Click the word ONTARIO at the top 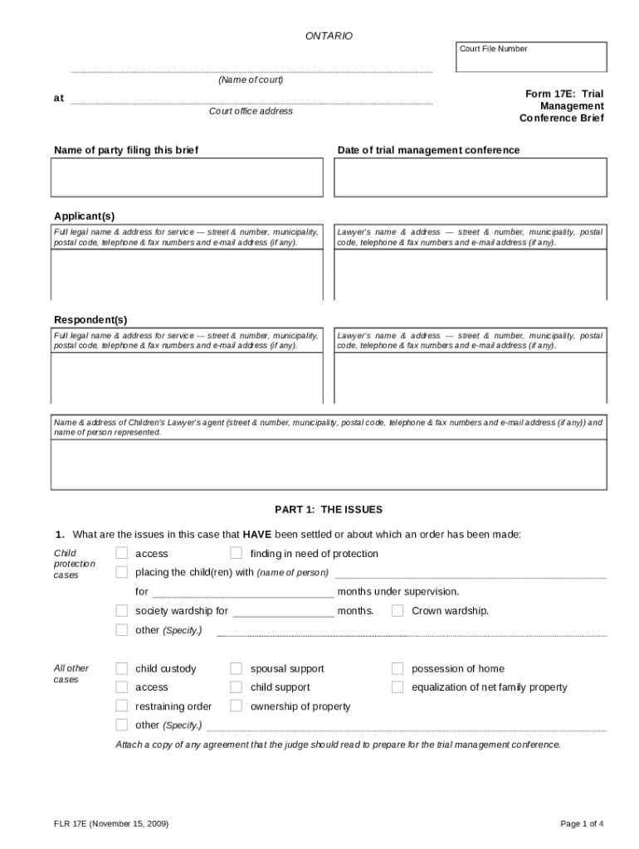[x=329, y=36]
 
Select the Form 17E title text [x=562, y=106]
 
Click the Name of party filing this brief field [x=187, y=177]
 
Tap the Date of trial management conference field [x=470, y=177]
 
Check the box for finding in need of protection [x=237, y=553]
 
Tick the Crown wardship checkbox [x=398, y=611]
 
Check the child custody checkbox [x=122, y=668]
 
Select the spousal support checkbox [x=237, y=668]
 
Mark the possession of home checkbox [x=398, y=668]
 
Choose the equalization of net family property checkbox [x=398, y=686]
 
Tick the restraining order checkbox [x=122, y=706]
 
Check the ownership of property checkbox [x=237, y=706]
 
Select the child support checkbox [x=237, y=686]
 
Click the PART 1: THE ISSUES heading [x=329, y=509]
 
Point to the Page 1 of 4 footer [x=582, y=823]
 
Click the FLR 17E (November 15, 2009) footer [x=111, y=823]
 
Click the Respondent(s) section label [x=90, y=320]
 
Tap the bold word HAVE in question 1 [x=257, y=534]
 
